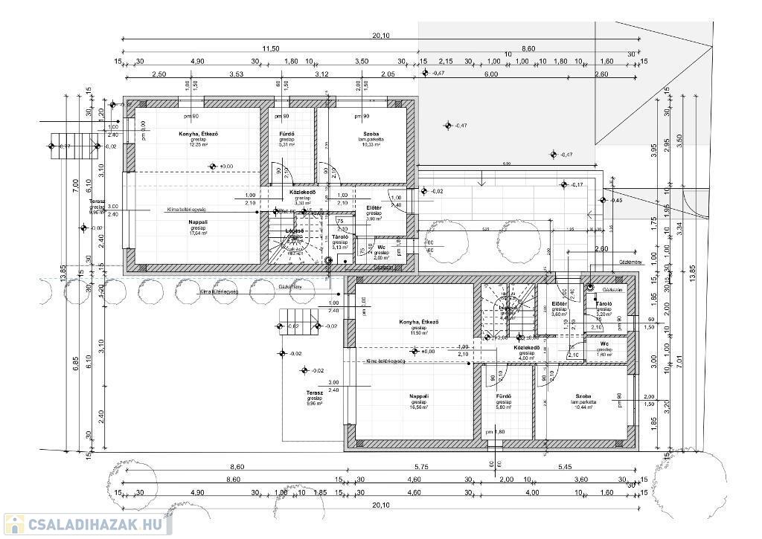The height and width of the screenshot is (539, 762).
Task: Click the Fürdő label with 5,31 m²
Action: [287, 134]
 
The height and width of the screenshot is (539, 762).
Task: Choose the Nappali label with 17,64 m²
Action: [198, 222]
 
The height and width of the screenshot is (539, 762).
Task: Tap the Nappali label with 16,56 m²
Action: [419, 396]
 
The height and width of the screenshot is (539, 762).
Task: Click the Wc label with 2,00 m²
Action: [381, 247]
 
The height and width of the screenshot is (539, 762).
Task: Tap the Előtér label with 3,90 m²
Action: [374, 208]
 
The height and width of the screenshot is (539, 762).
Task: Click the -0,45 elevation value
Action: [617, 201]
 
